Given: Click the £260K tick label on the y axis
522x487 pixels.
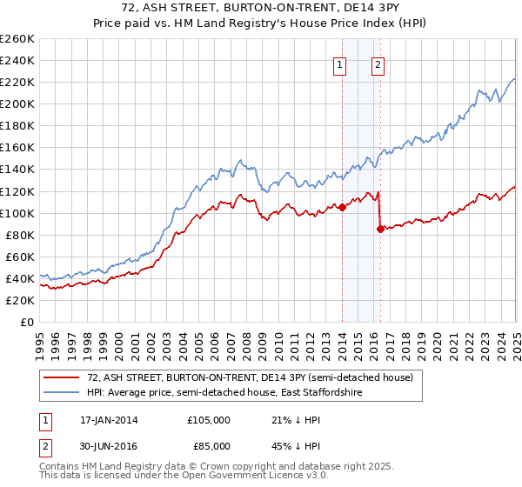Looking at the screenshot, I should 17,39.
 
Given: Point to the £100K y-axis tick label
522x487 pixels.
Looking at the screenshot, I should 17,213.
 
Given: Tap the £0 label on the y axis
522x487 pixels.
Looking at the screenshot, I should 27,323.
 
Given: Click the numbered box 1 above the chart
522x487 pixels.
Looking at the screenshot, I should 339,63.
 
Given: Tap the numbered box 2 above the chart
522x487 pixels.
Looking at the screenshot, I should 378,63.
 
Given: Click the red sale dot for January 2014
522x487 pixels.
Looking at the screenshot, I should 342,207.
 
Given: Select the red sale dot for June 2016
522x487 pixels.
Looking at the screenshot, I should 380,229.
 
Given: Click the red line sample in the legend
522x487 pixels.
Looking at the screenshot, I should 64,377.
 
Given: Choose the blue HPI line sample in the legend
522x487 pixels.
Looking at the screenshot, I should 64,393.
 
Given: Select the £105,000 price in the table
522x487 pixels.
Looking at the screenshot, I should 209,420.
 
